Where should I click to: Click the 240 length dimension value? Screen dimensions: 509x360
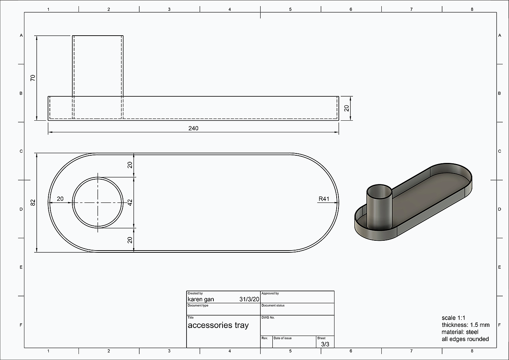tap(193, 128)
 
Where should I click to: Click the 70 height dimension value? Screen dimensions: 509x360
tap(33, 78)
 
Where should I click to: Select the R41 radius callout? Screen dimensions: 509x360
tap(324, 199)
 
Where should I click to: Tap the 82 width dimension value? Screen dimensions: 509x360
tap(33, 203)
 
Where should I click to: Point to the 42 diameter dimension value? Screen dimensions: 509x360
tap(130, 203)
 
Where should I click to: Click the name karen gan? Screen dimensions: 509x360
tap(201, 299)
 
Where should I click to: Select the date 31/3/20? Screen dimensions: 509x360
tap(249, 299)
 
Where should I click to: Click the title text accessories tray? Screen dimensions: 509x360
tap(218, 325)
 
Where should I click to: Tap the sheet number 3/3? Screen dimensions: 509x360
tap(325, 344)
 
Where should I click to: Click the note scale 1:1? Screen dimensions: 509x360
tap(453, 318)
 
